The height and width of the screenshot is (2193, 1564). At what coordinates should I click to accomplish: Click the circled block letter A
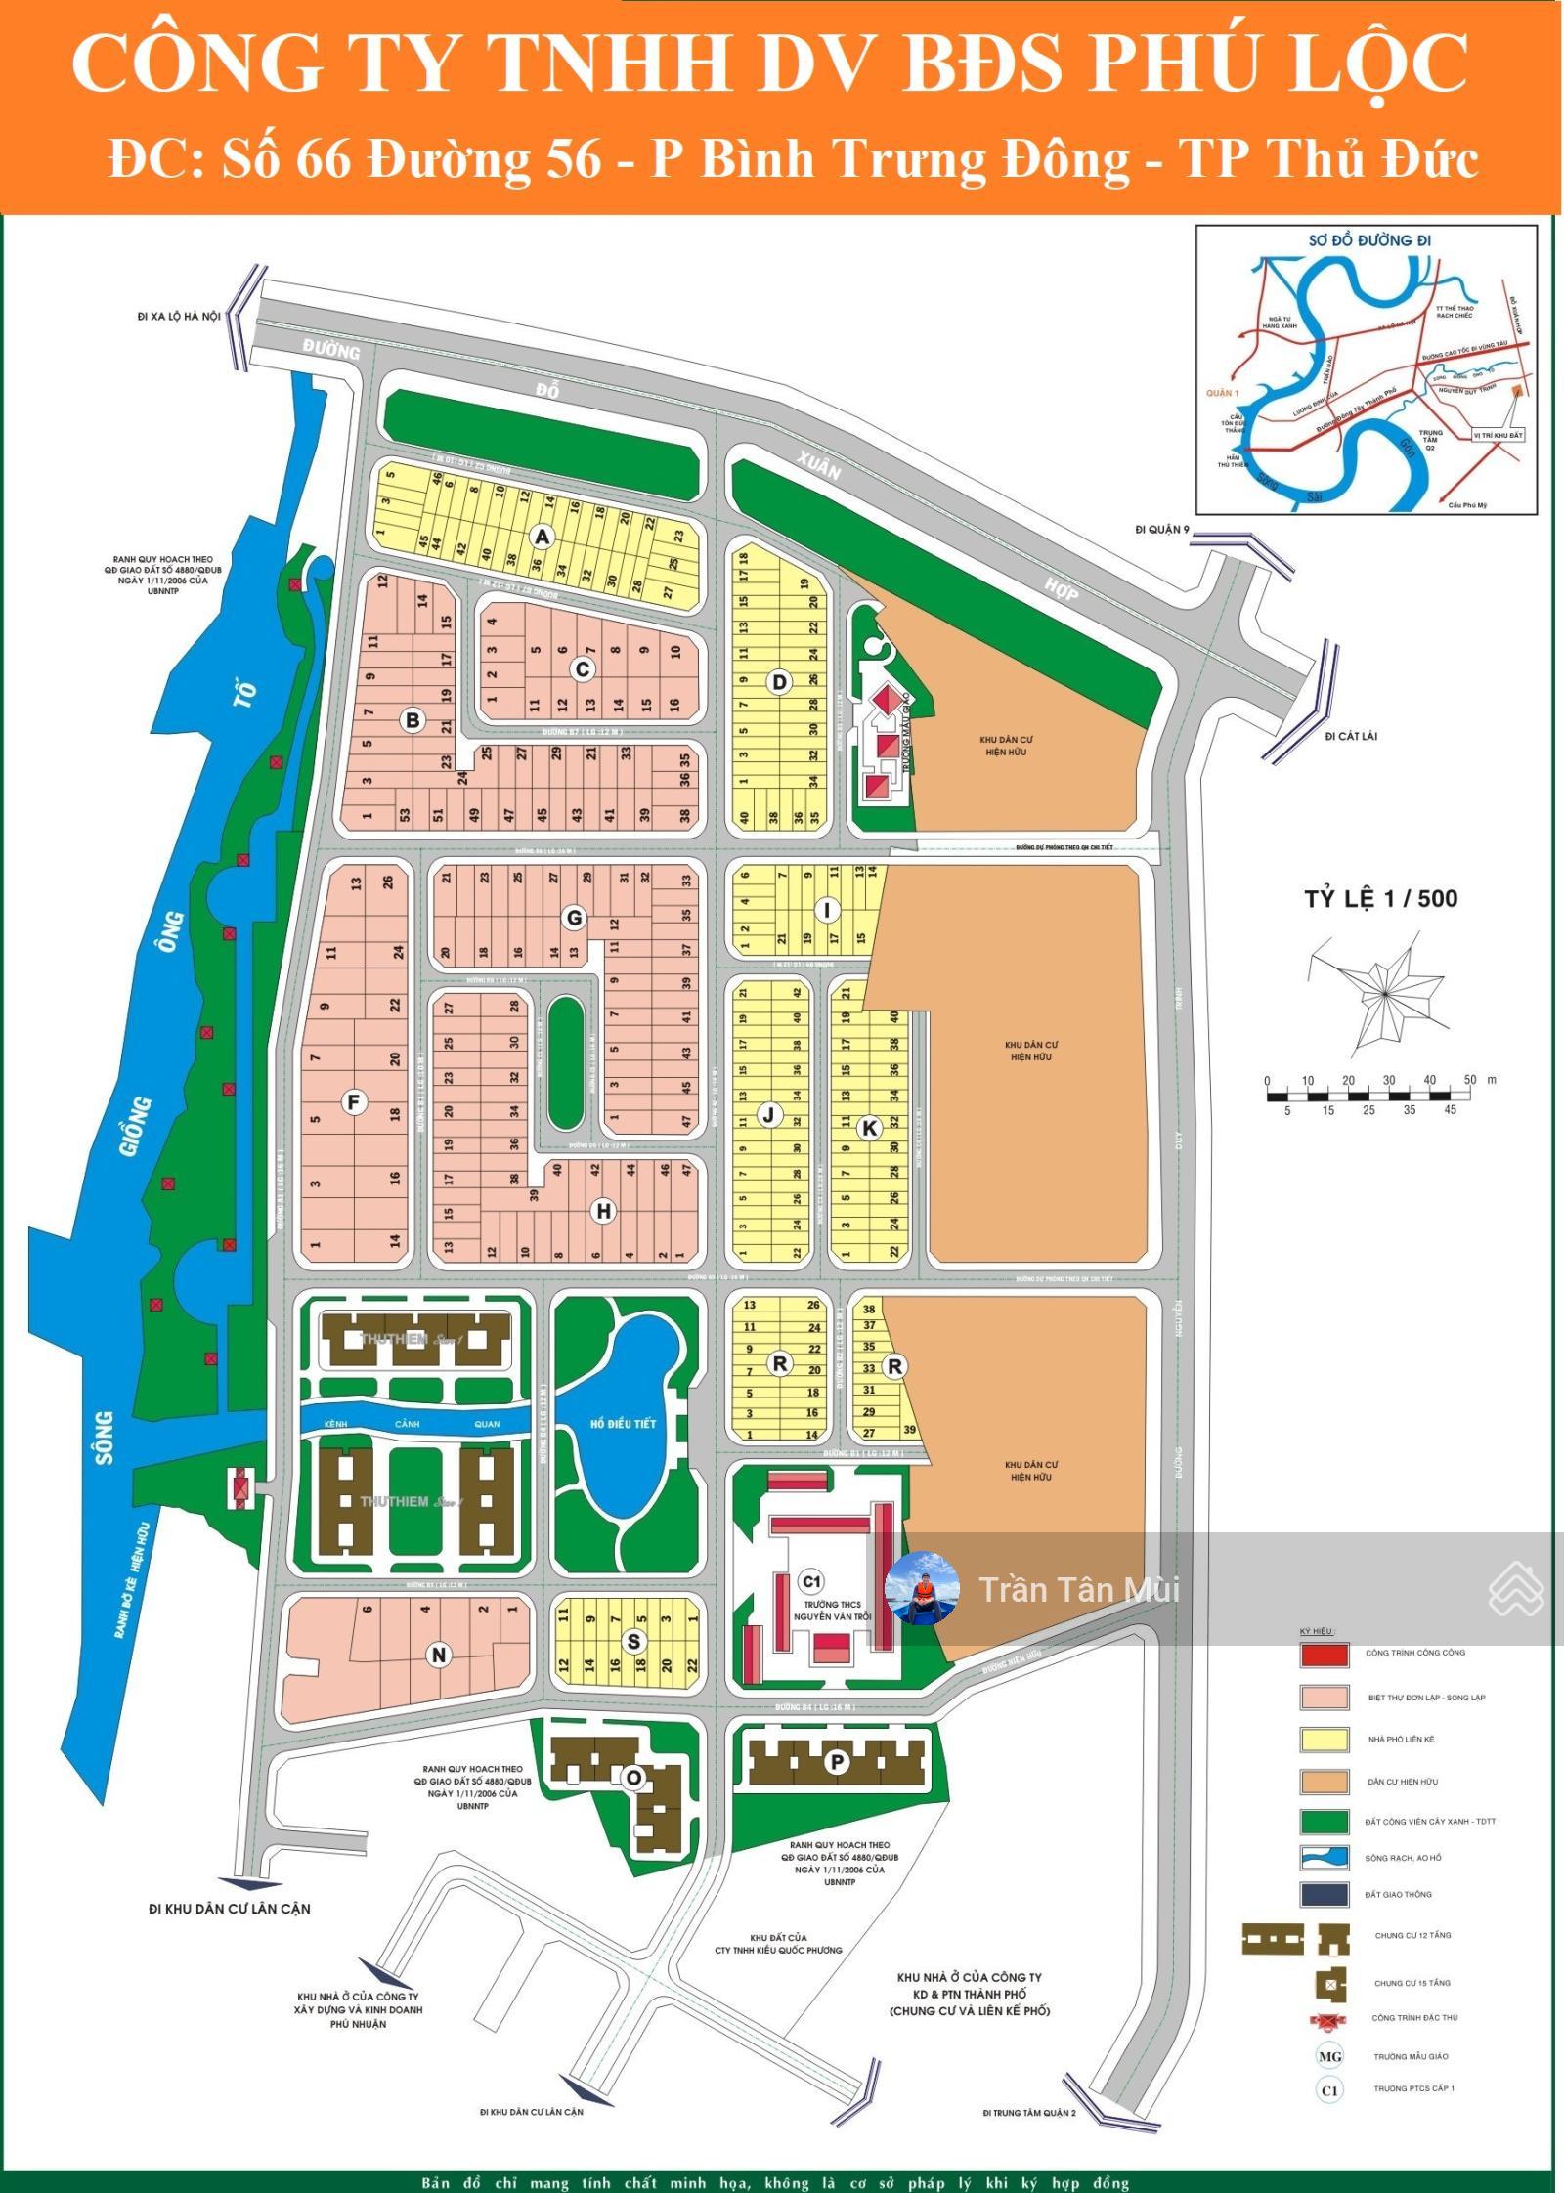click(x=543, y=536)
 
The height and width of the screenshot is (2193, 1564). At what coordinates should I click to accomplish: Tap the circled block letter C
click(x=583, y=668)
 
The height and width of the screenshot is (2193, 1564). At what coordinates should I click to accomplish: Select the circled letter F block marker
click(x=354, y=1102)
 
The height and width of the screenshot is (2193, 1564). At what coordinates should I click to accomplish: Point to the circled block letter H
click(x=604, y=1211)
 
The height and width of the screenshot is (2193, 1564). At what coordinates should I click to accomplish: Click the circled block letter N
click(x=439, y=1655)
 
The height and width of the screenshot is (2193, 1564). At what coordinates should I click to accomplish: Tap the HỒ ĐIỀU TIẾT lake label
click(x=623, y=1424)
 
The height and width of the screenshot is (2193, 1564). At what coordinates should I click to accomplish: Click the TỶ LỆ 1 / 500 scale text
click(x=1380, y=898)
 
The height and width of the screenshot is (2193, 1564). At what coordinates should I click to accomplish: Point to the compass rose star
click(x=1384, y=993)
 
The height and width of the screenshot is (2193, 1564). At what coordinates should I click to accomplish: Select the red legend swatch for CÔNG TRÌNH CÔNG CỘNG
click(x=1324, y=1654)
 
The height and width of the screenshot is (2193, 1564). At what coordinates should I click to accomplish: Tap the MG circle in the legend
click(x=1329, y=2056)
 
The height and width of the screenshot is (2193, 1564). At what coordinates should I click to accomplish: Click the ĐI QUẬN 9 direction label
click(x=1163, y=530)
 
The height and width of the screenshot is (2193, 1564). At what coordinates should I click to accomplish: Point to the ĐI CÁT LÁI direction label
click(x=1351, y=736)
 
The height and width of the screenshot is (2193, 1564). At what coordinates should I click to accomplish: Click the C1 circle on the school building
click(x=811, y=1581)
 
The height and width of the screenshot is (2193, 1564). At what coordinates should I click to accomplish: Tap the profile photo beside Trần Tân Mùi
click(x=921, y=1588)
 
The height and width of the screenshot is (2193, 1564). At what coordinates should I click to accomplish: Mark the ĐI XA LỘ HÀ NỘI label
click(x=180, y=316)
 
